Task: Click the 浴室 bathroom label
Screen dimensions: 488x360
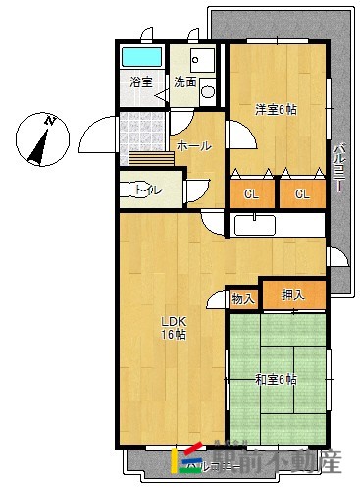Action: pos(141,81)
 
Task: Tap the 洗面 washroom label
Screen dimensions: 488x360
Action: pos(184,81)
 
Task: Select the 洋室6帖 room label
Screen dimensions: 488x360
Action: pos(277,109)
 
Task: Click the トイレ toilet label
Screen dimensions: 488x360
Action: pos(148,189)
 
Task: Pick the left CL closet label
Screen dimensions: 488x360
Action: pos(252,193)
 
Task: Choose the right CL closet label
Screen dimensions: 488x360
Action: pos(302,193)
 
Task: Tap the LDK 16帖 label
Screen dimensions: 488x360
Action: pos(175,328)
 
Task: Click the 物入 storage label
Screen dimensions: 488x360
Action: pos(243,298)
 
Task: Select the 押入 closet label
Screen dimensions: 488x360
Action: pos(292,294)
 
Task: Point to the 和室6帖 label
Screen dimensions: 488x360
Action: pos(277,380)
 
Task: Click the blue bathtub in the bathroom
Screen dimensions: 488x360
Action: pos(143,56)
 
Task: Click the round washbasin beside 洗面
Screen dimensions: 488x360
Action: pos(207,92)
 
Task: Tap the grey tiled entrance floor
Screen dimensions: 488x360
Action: pos(141,130)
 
